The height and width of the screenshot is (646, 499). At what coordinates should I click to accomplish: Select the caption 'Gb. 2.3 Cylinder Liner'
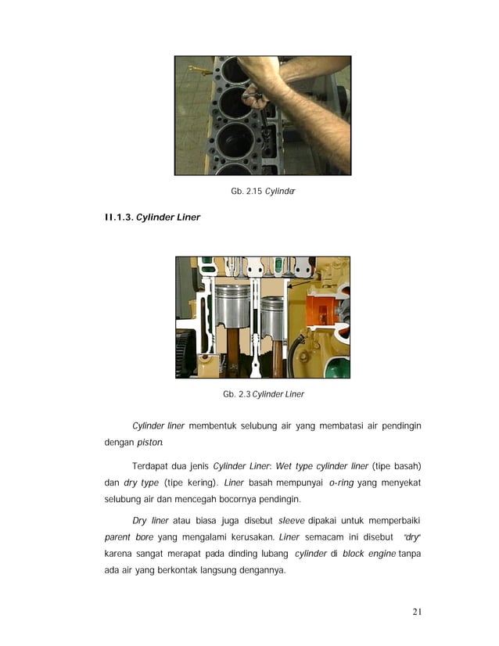(x=264, y=394)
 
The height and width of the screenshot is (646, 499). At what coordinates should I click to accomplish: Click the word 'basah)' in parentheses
(x=406, y=467)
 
